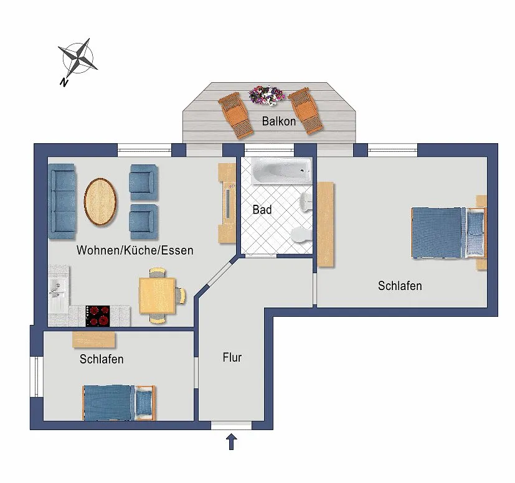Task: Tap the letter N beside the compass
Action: click(x=64, y=82)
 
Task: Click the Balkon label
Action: click(x=278, y=121)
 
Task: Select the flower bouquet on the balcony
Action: click(x=266, y=95)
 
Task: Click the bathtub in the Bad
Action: click(x=281, y=171)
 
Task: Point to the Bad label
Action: click(x=262, y=210)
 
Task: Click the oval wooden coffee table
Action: click(x=100, y=202)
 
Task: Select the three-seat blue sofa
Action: click(x=62, y=201)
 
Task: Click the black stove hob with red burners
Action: click(x=98, y=316)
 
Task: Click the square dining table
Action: click(x=158, y=296)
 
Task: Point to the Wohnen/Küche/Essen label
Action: click(x=135, y=250)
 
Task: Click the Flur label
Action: click(x=232, y=357)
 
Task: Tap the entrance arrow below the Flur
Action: click(x=231, y=442)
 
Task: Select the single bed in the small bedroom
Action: click(x=118, y=403)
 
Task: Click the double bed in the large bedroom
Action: click(x=448, y=232)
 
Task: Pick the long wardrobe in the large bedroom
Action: click(x=326, y=224)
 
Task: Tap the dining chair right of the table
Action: click(x=181, y=295)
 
